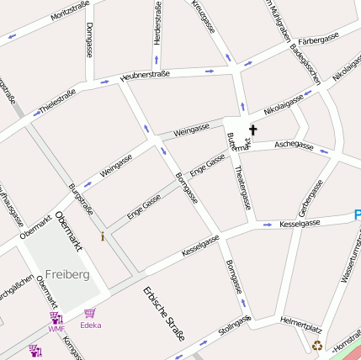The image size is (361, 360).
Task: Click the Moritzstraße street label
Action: pyautogui.click(x=70, y=10)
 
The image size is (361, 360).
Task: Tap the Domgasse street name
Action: pyautogui.click(x=89, y=40)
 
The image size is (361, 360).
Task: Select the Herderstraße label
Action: pyautogui.click(x=157, y=24)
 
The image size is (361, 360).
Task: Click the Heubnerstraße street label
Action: pyautogui.click(x=145, y=75)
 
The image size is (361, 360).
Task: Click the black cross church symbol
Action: pyautogui.click(x=252, y=130)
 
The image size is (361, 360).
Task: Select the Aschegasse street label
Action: pyautogui.click(x=294, y=146)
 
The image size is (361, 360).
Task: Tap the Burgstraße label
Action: pyautogui.click(x=81, y=199)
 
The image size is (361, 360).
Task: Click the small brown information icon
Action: pyautogui.click(x=103, y=236)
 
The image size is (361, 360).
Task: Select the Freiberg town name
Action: pyautogui.click(x=67, y=274)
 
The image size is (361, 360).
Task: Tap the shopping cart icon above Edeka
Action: pyautogui.click(x=89, y=313)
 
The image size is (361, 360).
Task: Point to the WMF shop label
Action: pyautogui.click(x=56, y=329)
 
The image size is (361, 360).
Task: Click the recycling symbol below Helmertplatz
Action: pyautogui.click(x=317, y=344)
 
